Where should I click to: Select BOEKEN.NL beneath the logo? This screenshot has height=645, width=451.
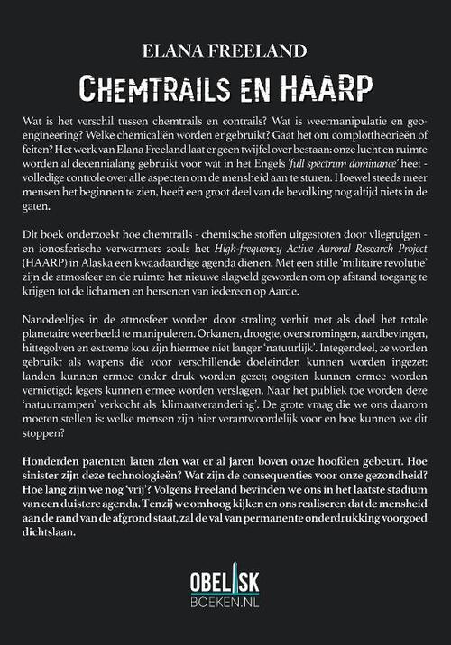point(225,606)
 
